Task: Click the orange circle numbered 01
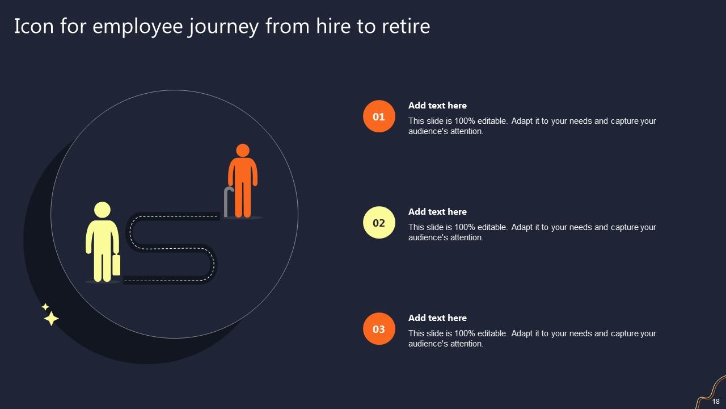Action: [x=379, y=116]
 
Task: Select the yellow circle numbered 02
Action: [x=379, y=223]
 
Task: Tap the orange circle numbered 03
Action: [x=379, y=329]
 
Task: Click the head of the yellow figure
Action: [x=102, y=210]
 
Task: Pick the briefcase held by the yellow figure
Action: [x=116, y=265]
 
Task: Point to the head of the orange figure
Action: [x=243, y=151]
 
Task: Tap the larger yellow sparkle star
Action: [x=51, y=319]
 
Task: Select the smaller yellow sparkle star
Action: [x=45, y=307]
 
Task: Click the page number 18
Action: [x=716, y=401]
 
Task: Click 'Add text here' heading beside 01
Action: [x=437, y=106]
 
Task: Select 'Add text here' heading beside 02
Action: [x=437, y=212]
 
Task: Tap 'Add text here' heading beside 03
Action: [x=437, y=318]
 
